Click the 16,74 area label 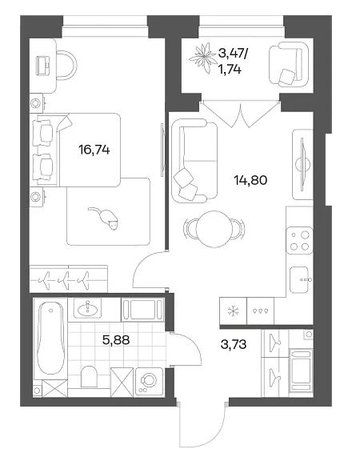94,150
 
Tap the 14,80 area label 250,180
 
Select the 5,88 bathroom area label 116,340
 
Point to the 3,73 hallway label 234,344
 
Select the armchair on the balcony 289,64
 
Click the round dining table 214,229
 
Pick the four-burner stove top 299,240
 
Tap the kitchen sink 299,280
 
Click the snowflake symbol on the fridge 234,311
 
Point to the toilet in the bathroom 89,376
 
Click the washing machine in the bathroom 150,382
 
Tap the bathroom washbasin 87,308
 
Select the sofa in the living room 194,161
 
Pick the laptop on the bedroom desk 43,66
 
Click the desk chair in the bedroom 66,66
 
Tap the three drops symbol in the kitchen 261,311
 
